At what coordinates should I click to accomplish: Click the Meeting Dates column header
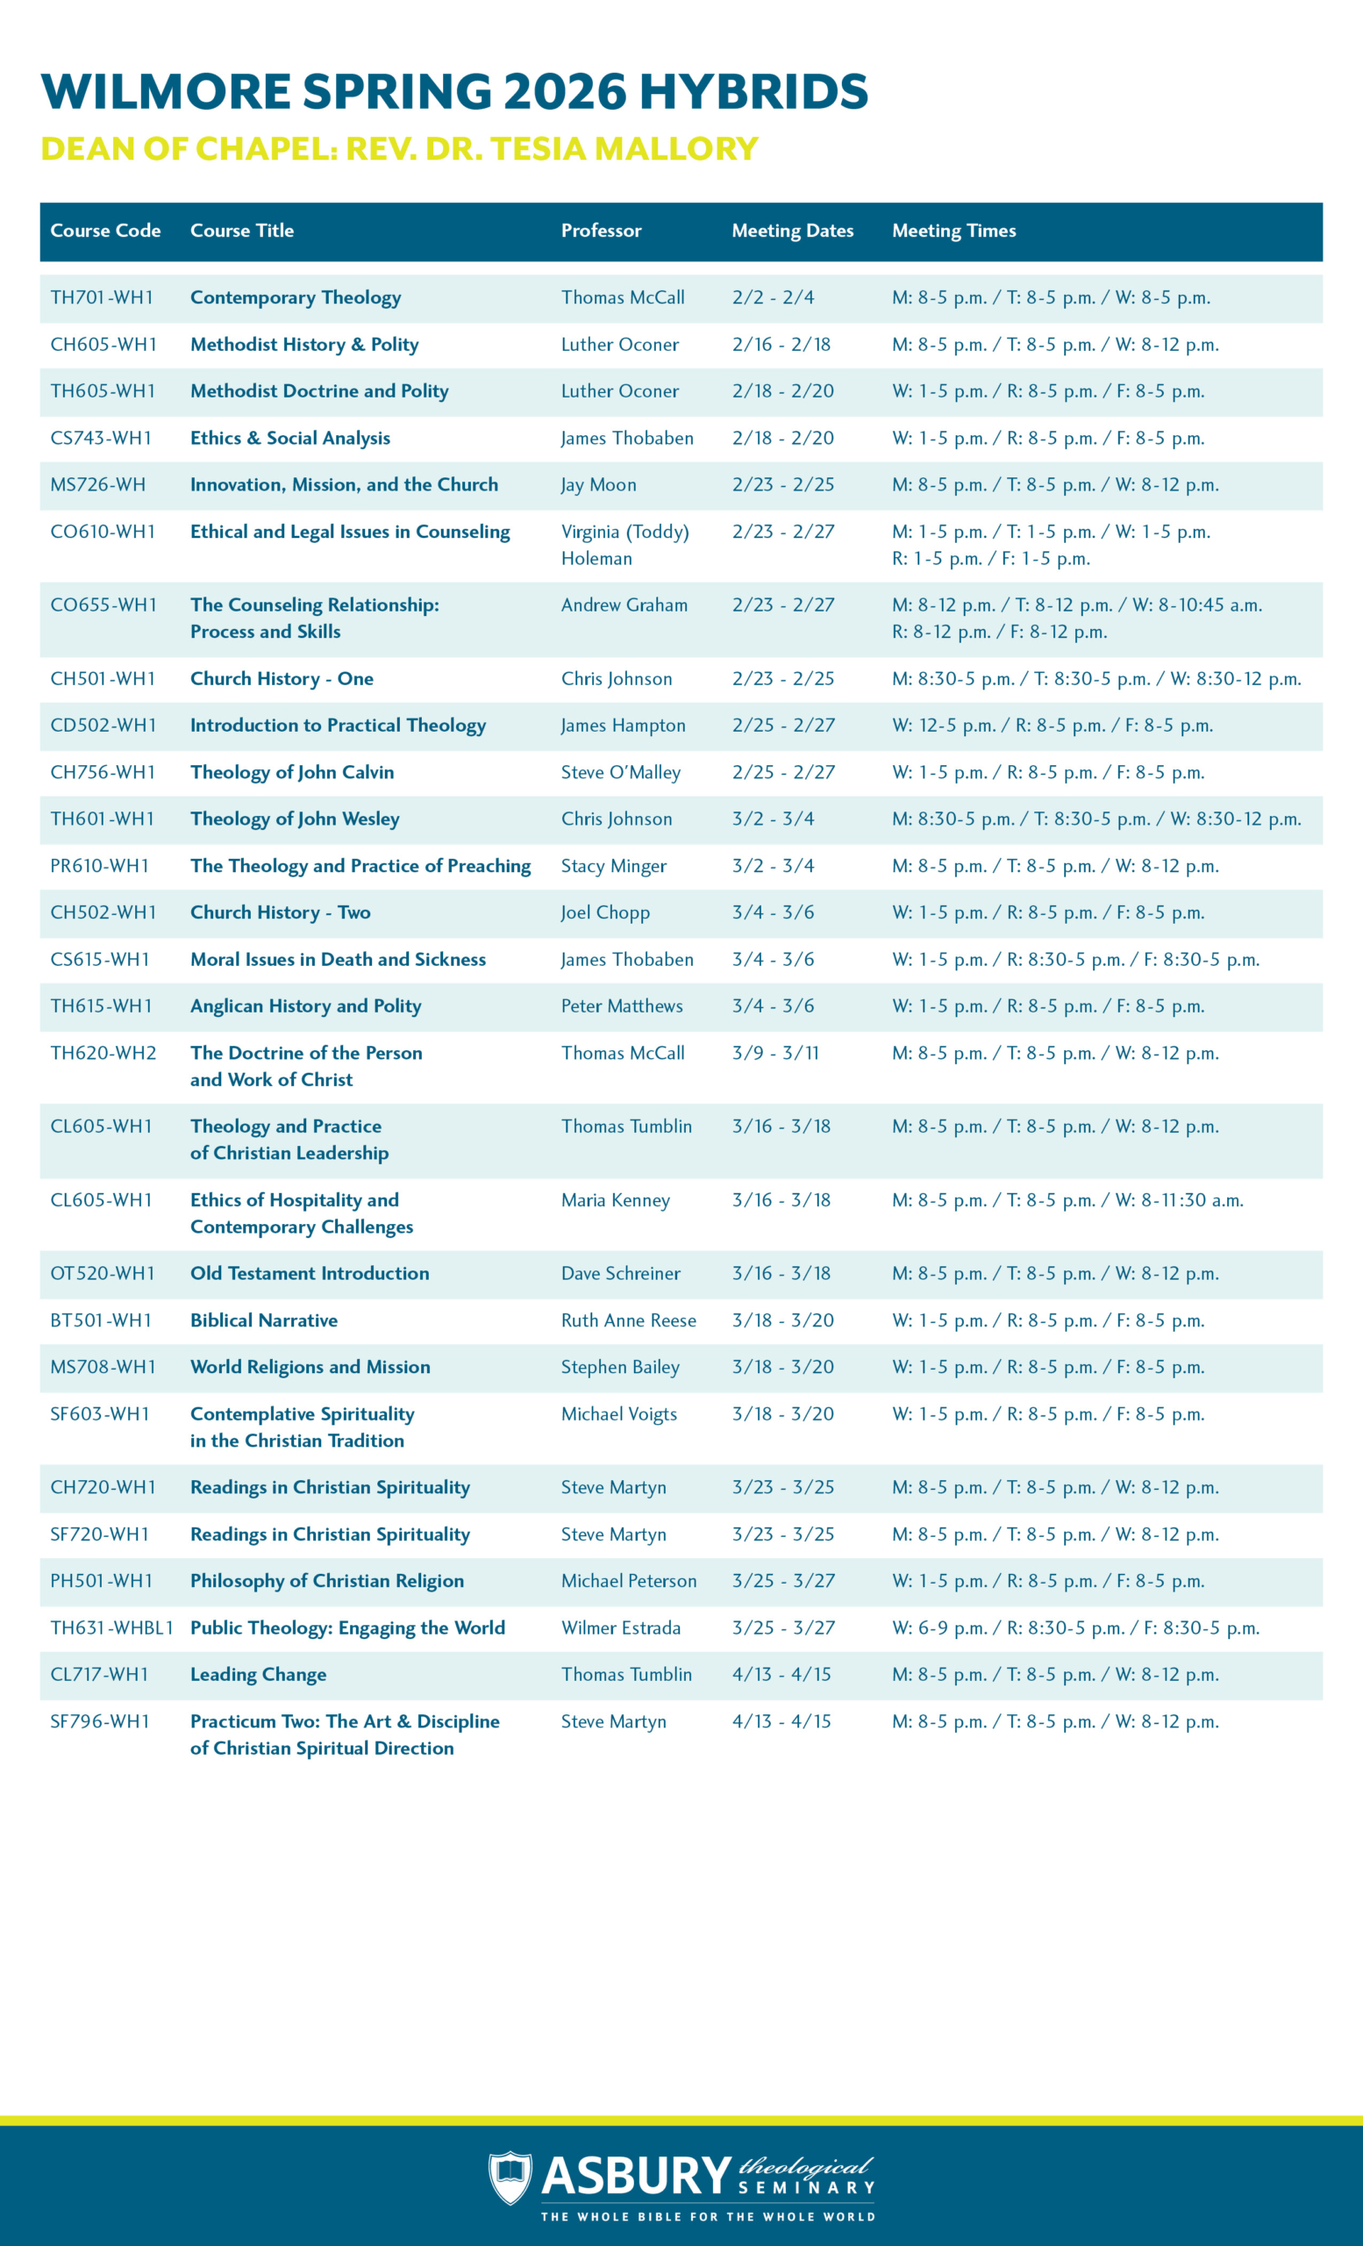click(792, 231)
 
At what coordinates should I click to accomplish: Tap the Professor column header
click(601, 231)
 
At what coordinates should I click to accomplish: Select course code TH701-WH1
click(101, 298)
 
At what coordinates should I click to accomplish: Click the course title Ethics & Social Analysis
click(289, 439)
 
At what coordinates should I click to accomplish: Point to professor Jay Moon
click(597, 485)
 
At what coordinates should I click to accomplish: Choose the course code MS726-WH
click(97, 485)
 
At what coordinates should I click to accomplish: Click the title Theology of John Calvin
click(291, 772)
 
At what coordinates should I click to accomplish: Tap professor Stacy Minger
click(613, 866)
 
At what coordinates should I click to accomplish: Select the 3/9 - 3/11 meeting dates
click(774, 1053)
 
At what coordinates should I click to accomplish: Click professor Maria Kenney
click(615, 1200)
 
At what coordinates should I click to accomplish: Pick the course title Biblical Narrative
click(263, 1320)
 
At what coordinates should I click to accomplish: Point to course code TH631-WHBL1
click(111, 1628)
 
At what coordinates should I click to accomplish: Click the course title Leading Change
click(258, 1675)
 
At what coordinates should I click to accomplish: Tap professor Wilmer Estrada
click(620, 1628)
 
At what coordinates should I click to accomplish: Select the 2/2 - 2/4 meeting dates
click(773, 298)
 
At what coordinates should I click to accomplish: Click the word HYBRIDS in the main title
click(753, 92)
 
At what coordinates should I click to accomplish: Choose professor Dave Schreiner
click(620, 1273)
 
